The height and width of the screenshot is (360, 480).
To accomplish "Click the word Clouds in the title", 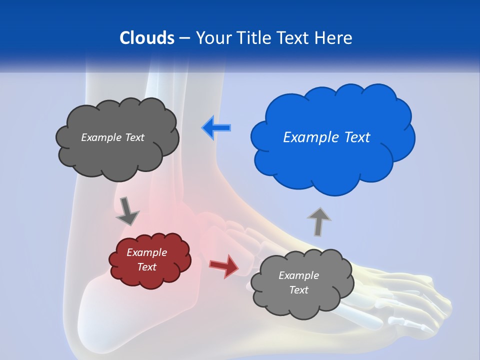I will click(x=147, y=38).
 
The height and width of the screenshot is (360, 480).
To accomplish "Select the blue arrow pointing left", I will click(x=216, y=127).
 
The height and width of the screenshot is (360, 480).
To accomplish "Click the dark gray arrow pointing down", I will click(x=127, y=211).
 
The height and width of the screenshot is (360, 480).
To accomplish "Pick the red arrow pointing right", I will click(x=224, y=265).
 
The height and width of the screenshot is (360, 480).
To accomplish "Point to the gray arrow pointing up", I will click(x=319, y=221).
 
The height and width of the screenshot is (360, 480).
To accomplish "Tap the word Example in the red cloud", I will click(x=146, y=252).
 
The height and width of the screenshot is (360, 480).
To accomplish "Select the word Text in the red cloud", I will click(x=147, y=267).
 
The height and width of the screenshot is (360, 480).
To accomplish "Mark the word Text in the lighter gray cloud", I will click(x=299, y=290).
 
